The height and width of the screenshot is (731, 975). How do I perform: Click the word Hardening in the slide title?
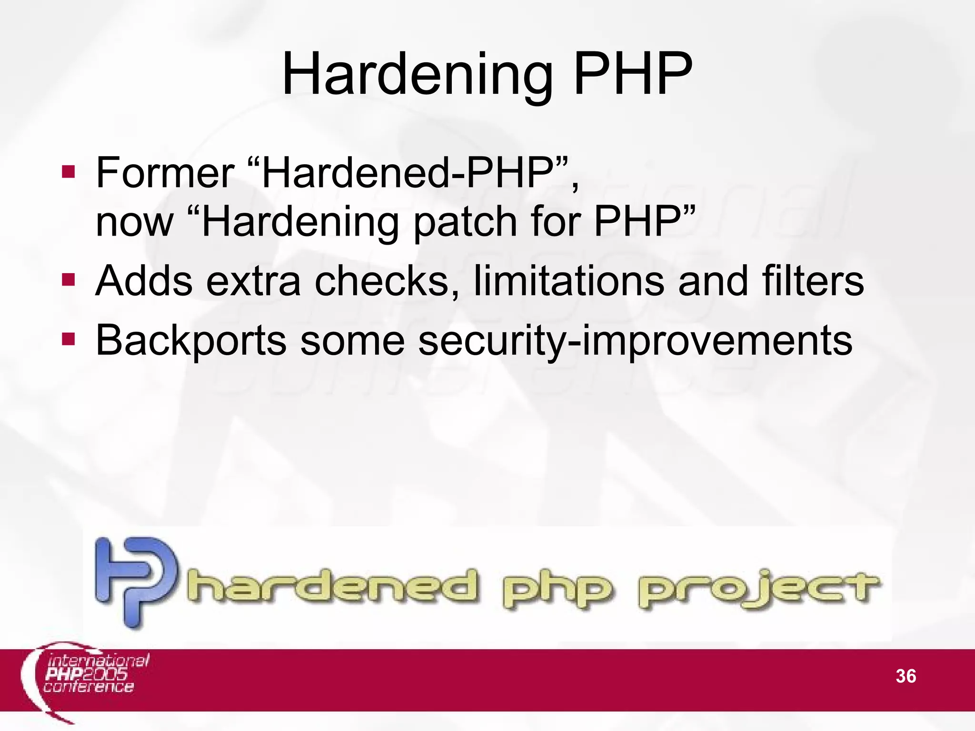pos(417,75)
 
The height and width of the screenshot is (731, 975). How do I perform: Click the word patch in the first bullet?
pos(464,222)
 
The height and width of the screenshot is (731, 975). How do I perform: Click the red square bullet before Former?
pos(69,171)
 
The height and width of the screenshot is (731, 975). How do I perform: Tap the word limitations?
pos(569,281)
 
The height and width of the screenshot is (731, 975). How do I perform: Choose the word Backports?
pos(190,340)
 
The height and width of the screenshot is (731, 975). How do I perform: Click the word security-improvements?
pos(635,340)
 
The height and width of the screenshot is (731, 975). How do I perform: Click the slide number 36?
pos(905,676)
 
